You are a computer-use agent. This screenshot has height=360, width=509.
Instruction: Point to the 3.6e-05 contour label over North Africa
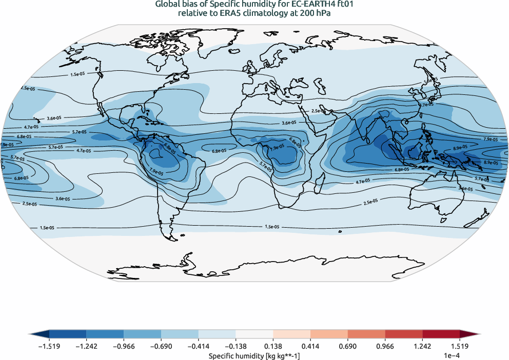(288, 123)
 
